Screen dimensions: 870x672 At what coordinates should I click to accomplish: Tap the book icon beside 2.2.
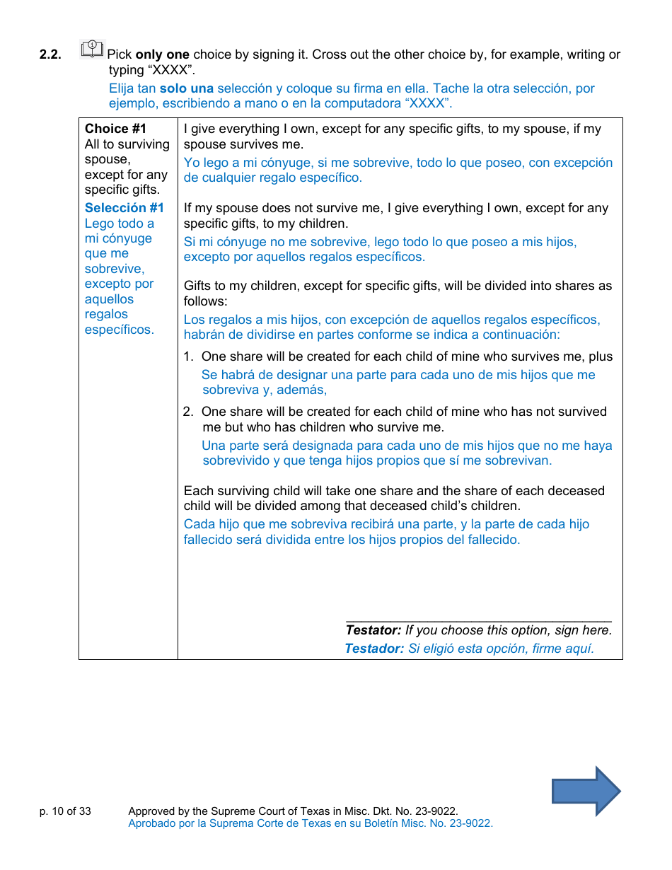click(x=92, y=50)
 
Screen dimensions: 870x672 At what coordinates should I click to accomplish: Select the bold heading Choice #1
click(x=115, y=129)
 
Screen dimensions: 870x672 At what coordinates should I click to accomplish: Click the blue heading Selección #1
click(x=124, y=208)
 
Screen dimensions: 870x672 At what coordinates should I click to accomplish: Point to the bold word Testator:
click(x=373, y=630)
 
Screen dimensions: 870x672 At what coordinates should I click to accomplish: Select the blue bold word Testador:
click(x=373, y=649)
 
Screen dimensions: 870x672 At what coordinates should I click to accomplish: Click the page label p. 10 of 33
click(x=65, y=811)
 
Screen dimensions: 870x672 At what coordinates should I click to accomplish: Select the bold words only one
click(x=162, y=54)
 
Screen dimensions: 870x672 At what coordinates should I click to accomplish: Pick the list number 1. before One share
click(x=188, y=356)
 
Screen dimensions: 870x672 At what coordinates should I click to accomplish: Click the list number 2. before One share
click(x=188, y=412)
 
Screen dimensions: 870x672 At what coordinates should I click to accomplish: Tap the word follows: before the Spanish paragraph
click(x=205, y=301)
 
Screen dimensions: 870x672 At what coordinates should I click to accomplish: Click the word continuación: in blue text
click(x=521, y=335)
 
